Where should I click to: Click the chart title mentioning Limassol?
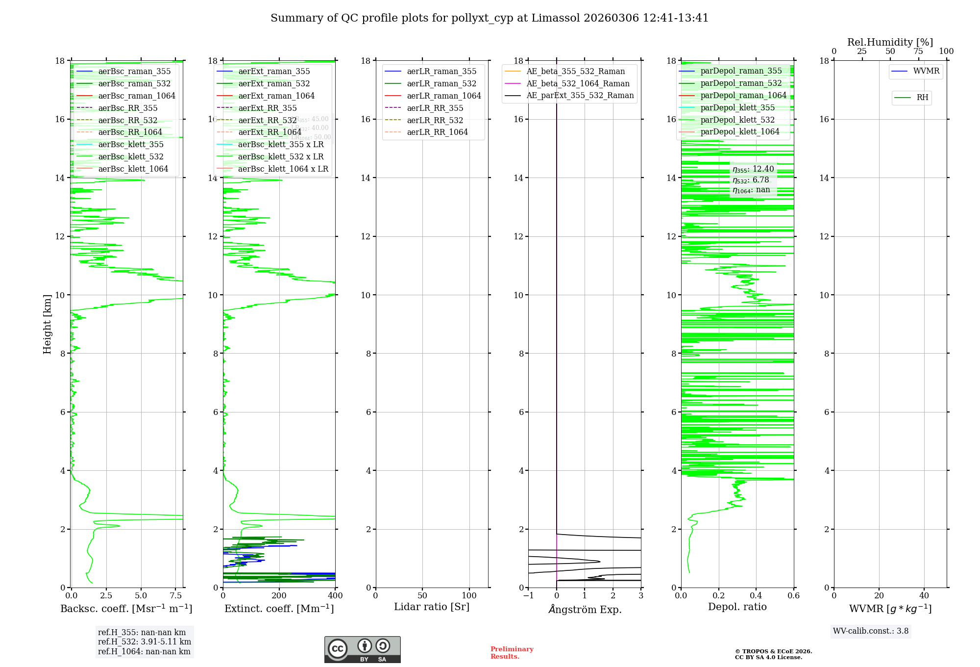(490, 18)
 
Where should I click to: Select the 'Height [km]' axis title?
(47, 324)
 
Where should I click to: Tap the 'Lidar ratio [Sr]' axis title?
(432, 607)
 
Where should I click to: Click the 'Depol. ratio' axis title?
(737, 607)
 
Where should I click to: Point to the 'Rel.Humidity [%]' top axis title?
(890, 42)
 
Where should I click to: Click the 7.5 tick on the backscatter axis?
(176, 596)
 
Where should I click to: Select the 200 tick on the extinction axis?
(279, 596)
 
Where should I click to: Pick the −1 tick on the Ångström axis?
(528, 596)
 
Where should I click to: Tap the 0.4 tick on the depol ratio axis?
(756, 596)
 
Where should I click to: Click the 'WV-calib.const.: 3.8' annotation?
(871, 631)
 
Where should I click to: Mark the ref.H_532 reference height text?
(145, 642)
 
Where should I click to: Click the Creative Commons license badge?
(362, 649)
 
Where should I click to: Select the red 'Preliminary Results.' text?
(512, 653)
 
